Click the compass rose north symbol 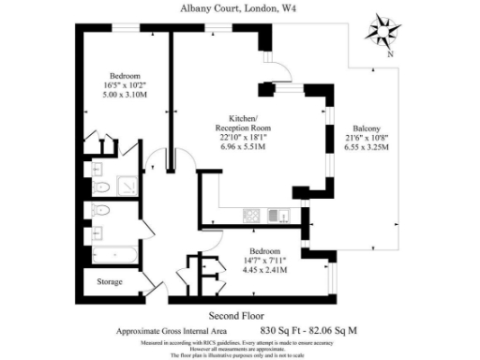385,31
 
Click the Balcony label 367,127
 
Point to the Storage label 110,281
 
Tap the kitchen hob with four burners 251,216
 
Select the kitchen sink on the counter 277,216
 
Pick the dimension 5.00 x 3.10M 125,95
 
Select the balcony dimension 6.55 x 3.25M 367,147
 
